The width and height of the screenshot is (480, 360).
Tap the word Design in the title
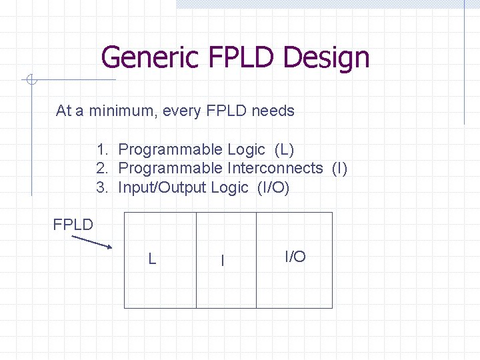click(326, 57)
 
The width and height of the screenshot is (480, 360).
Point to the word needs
click(273, 111)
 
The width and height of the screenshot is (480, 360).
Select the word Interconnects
click(275, 168)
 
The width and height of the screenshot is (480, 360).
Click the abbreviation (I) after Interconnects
click(339, 168)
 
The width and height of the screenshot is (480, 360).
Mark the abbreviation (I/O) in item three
click(273, 187)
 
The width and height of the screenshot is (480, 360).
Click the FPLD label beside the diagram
click(73, 225)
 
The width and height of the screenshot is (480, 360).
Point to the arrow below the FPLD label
click(91, 241)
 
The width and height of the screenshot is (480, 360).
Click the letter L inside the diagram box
click(152, 259)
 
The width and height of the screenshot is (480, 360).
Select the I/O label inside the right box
click(295, 257)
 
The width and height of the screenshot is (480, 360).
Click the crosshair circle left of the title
click(31, 81)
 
